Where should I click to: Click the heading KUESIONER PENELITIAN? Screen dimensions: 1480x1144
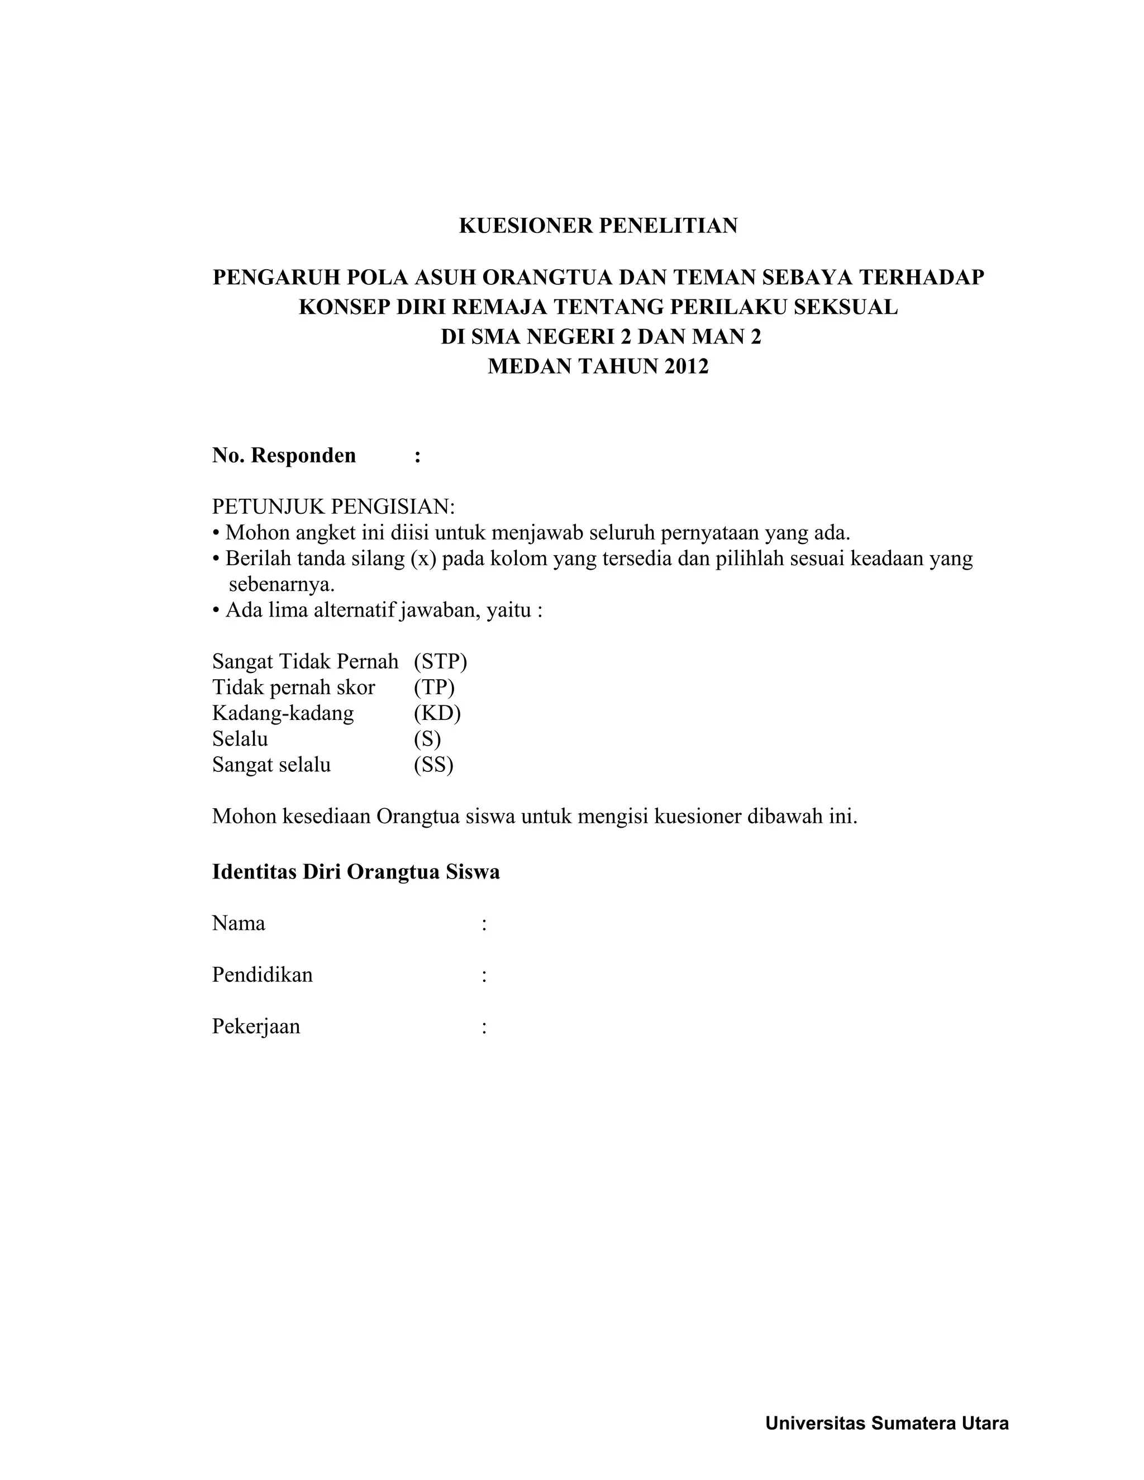point(598,226)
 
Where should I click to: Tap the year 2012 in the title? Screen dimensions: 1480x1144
point(686,366)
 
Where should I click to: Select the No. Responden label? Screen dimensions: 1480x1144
point(284,455)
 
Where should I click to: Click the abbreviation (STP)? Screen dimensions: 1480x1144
point(441,661)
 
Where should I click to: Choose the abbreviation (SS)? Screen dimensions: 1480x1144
point(433,765)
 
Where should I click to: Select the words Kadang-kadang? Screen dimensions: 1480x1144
point(283,713)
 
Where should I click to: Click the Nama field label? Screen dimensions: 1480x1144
point(239,923)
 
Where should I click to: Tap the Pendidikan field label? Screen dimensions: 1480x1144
point(263,975)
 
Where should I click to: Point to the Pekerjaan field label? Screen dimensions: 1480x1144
point(256,1026)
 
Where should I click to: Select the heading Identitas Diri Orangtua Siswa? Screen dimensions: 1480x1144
point(356,871)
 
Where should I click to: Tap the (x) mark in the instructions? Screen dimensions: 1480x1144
point(423,559)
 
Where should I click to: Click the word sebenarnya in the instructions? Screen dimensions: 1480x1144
point(282,584)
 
